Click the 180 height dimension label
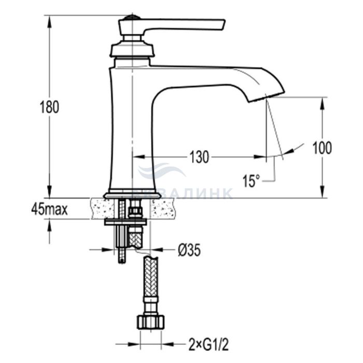point(50,107)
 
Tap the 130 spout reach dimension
point(199,157)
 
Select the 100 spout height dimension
point(322,148)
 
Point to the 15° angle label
point(252,181)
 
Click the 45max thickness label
point(50,210)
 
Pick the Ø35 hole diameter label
point(189,250)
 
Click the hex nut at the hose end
point(151,322)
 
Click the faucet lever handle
point(171,26)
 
